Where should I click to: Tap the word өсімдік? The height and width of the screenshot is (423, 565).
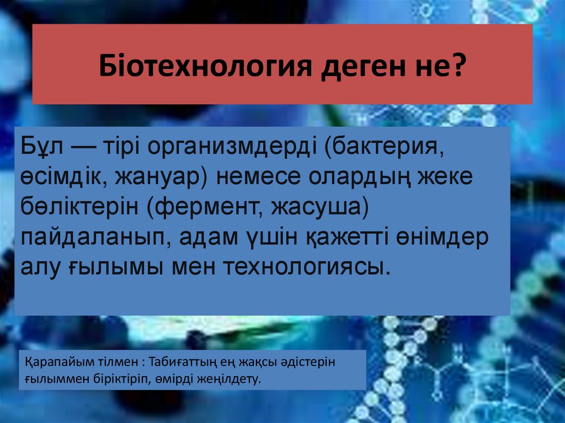coord(66,178)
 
